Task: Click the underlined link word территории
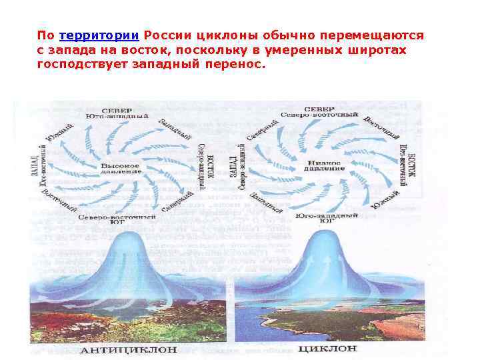point(99,35)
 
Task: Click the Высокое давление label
point(121,168)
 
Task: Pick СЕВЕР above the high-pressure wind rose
point(117,109)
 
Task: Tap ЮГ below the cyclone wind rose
point(327,221)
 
